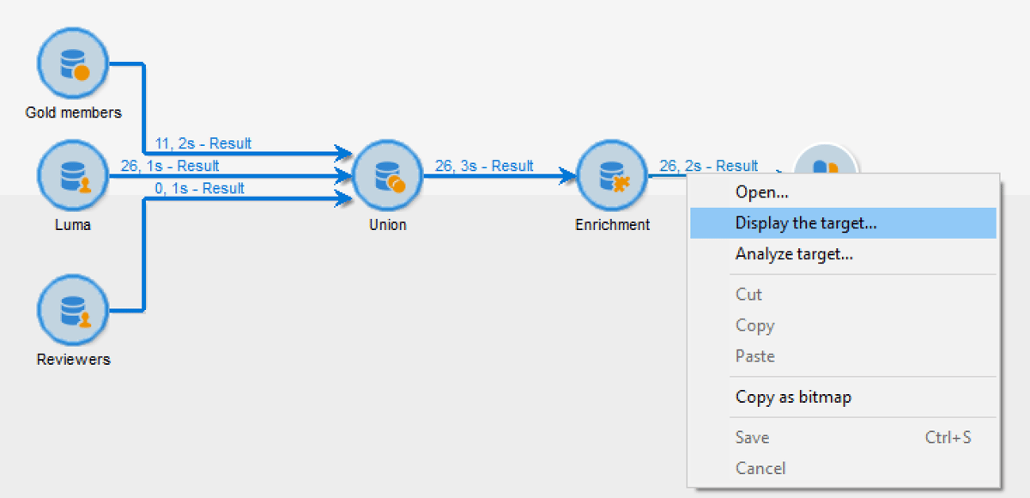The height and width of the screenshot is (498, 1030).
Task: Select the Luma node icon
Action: pos(73,176)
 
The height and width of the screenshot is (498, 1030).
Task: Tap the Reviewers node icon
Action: pos(73,310)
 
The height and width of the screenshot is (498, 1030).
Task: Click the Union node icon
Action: pos(387,176)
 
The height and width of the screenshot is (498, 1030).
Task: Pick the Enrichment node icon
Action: pos(612,176)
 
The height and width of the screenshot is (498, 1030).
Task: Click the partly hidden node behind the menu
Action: pos(825,160)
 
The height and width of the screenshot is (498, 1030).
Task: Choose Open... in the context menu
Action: pos(761,192)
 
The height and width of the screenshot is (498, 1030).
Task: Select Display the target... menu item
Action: pos(806,223)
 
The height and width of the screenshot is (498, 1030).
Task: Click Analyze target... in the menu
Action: pos(794,254)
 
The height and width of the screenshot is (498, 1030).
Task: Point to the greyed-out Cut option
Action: pos(748,295)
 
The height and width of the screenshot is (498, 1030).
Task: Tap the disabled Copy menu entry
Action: pos(754,325)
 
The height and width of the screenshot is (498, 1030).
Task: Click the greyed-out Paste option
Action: pos(754,356)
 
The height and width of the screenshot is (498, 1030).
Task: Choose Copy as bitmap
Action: pos(793,398)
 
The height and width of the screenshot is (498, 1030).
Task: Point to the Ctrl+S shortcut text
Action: pos(948,438)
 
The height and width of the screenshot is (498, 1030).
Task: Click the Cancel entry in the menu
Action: pos(760,469)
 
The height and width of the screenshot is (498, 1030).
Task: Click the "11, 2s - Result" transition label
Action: pos(203,143)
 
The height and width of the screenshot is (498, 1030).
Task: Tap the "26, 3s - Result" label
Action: pos(484,166)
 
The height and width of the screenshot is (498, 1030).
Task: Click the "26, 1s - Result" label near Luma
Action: pos(170,166)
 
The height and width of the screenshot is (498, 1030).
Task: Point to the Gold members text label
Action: pos(73,112)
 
